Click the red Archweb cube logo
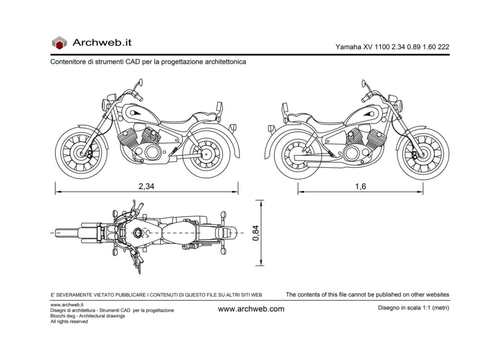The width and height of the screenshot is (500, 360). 59,43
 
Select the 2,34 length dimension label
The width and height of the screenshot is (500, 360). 146,187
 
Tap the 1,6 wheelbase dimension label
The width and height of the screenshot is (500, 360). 360,187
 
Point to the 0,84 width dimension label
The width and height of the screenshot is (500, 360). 255,233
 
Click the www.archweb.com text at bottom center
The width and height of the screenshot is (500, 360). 251,309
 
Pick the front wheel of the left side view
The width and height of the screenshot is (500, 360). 81,151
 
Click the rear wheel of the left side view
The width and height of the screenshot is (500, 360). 209,154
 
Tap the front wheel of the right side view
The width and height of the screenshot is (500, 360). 422,154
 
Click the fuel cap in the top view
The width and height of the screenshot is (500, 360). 138,232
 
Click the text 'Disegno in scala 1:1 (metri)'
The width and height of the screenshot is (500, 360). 413,308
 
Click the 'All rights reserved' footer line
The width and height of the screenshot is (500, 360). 69,321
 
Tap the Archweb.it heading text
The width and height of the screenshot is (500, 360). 102,42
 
